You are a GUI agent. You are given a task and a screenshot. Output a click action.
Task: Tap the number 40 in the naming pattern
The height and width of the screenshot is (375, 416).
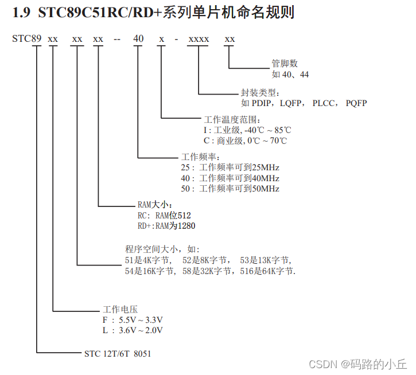[x=138, y=39]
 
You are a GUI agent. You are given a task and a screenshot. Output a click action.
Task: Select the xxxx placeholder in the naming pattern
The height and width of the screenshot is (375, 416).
[x=199, y=39]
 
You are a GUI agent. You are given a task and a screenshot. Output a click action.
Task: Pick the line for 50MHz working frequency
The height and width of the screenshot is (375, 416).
[x=230, y=189]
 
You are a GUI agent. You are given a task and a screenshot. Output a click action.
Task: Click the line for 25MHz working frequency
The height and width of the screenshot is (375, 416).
[x=230, y=167]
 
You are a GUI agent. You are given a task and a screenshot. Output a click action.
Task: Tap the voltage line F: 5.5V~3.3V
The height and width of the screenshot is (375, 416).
[x=133, y=320]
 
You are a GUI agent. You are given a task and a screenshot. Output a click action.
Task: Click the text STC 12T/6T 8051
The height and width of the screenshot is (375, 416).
[x=118, y=354]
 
